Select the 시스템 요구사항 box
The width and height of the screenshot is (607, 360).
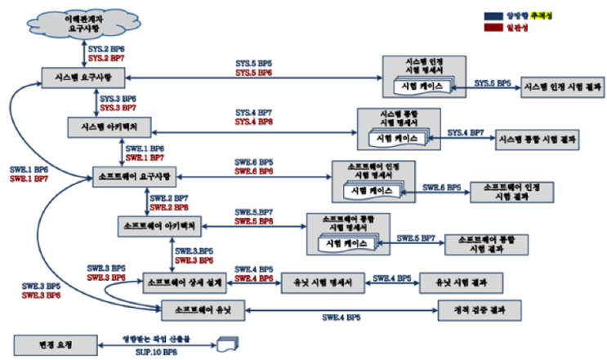click(83, 77)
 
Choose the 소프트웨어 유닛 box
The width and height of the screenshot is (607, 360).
click(201, 310)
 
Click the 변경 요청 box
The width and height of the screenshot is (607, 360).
click(55, 343)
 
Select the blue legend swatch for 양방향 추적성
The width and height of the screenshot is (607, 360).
click(493, 15)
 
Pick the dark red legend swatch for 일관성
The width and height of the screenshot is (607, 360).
click(493, 27)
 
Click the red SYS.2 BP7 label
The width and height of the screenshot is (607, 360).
click(106, 59)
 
